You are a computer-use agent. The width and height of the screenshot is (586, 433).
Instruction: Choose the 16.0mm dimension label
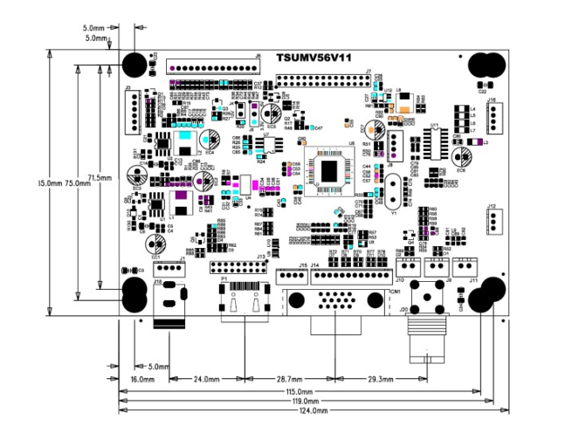click(x=142, y=380)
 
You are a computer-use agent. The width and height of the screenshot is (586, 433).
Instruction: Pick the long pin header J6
click(x=212, y=67)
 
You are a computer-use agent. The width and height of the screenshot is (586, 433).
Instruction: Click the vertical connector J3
click(x=131, y=111)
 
